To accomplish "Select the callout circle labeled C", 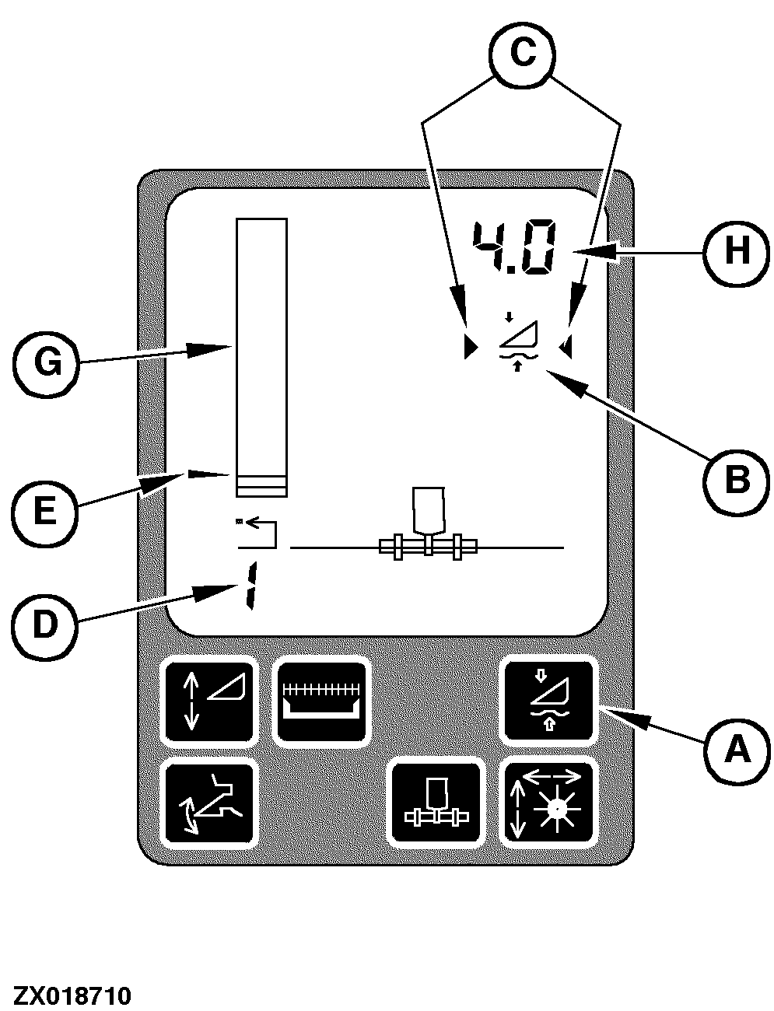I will pos(521,53).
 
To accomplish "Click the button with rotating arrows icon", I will pos(208,803).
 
